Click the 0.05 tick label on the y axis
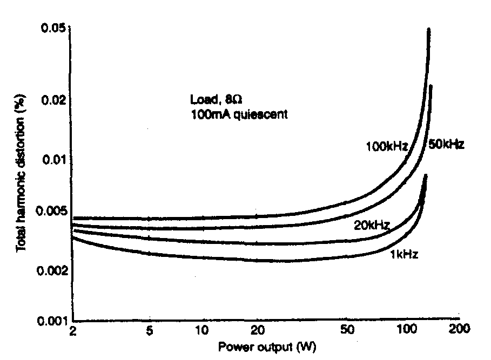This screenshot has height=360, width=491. pyautogui.click(x=53, y=28)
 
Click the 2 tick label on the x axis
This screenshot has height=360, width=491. pyautogui.click(x=72, y=331)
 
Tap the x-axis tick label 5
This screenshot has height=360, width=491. pyautogui.click(x=150, y=331)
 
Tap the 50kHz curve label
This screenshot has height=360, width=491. pyautogui.click(x=447, y=145)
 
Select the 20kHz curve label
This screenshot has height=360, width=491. pyautogui.click(x=372, y=225)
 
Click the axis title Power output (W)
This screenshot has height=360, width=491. pyautogui.click(x=264, y=347)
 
